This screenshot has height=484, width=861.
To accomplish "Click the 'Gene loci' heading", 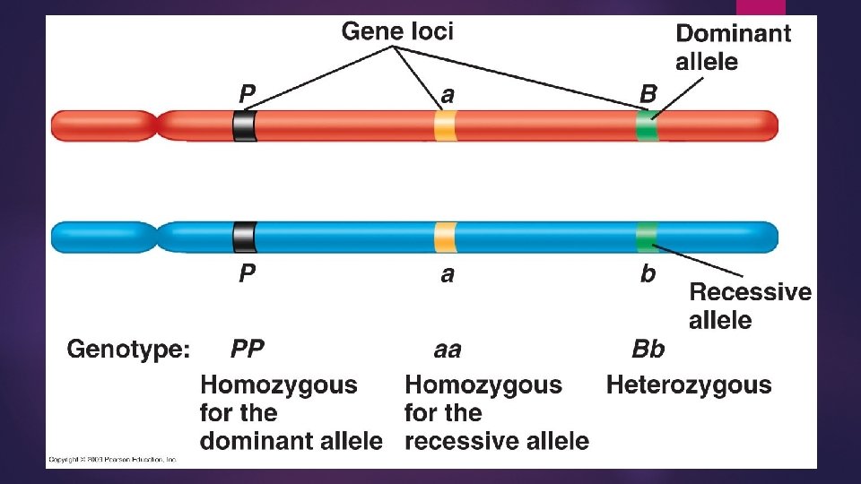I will pos(397,31).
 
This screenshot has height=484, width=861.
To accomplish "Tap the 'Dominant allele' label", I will pos(732,48).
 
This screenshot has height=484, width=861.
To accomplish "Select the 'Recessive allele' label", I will pos(749,306).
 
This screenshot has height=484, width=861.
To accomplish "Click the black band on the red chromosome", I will pos(244,125).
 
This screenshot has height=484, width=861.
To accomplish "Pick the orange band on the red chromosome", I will pos(445,125).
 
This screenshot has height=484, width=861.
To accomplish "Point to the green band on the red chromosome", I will pos(647,125).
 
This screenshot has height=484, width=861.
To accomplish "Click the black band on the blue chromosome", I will pos(244,237).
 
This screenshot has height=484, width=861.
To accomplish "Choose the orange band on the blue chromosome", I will pos(445,237).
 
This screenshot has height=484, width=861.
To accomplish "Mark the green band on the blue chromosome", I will pos(647,237).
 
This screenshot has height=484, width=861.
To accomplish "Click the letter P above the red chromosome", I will pos(247,93).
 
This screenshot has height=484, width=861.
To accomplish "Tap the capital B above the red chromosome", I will pos(648,93).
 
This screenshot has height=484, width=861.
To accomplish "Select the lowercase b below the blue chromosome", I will pos(648,274).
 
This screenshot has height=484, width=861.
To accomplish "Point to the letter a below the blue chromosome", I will pos(447,275).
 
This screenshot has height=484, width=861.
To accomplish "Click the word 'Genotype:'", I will pos(128,349).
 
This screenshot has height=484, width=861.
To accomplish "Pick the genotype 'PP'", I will pos(248,348).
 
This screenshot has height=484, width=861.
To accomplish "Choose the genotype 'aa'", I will pos(447,349).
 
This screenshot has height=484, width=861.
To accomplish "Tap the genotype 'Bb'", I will pos(648,348).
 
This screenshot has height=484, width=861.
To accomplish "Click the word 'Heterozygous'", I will pos(689,385).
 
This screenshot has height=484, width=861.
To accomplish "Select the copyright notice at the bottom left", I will pos(112,459).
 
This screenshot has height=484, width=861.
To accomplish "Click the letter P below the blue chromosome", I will pos(247,274).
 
